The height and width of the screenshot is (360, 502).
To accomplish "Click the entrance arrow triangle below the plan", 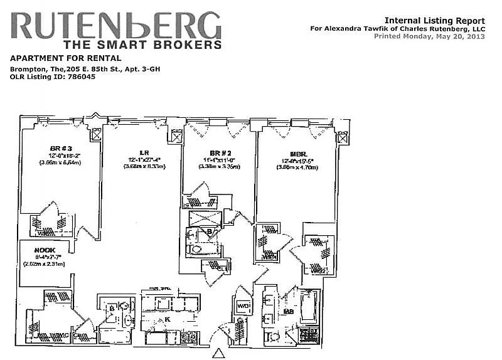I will pyautogui.click(x=217, y=353).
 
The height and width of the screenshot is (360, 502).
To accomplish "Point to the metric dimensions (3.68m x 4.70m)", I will pyautogui.click(x=299, y=167).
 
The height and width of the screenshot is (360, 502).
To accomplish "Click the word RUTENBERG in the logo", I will pyautogui.click(x=117, y=26).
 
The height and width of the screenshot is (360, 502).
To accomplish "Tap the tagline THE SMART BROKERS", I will pyautogui.click(x=142, y=45).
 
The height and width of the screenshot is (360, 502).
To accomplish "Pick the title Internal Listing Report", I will pyautogui.click(x=434, y=21).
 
